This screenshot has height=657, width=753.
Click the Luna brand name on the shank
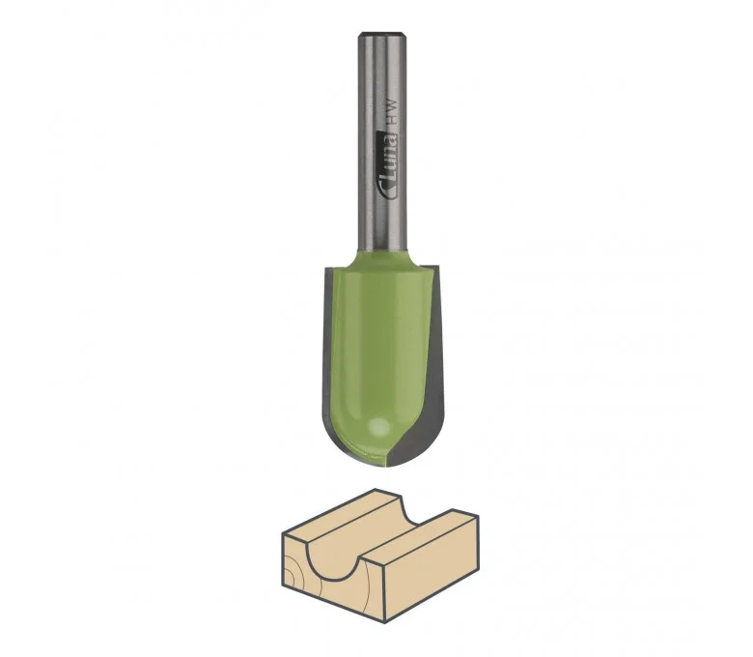click(390, 157)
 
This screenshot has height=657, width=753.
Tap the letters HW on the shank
click(392, 113)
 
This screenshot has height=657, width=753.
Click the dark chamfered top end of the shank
click(383, 35)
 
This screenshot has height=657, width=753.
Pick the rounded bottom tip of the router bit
click(384, 465)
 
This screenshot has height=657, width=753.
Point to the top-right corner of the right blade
click(439, 265)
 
